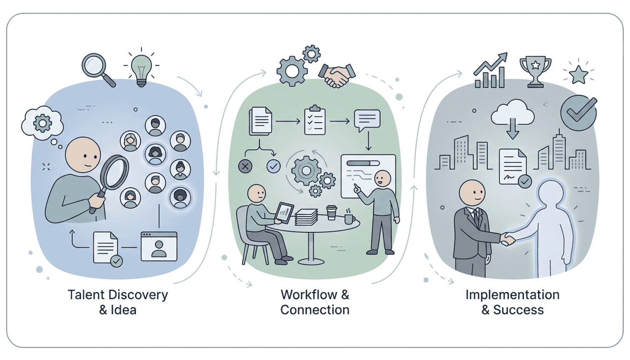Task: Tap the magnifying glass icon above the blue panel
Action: tap(96, 67)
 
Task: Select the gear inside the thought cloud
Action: tap(43, 123)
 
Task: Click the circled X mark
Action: tap(245, 166)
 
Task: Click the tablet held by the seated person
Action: tap(284, 212)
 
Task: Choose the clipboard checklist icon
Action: tap(315, 120)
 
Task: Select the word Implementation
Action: tap(512, 295)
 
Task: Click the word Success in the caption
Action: tap(518, 310)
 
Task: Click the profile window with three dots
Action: tap(159, 246)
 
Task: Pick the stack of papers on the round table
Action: tap(307, 217)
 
